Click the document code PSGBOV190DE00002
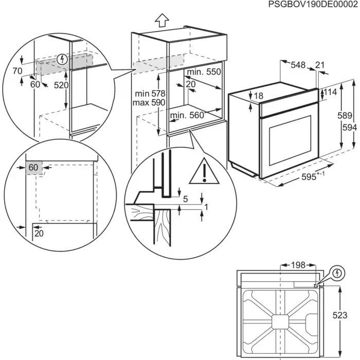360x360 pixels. [313, 5]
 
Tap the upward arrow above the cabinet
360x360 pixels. [161, 20]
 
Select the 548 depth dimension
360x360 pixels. [298, 65]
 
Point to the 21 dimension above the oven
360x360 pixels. [320, 65]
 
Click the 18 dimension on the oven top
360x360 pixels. [258, 96]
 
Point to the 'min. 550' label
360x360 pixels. [204, 73]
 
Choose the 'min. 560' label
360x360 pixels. [187, 116]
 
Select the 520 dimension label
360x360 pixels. [61, 85]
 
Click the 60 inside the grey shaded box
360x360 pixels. [33, 167]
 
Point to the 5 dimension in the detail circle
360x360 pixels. [186, 199]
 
